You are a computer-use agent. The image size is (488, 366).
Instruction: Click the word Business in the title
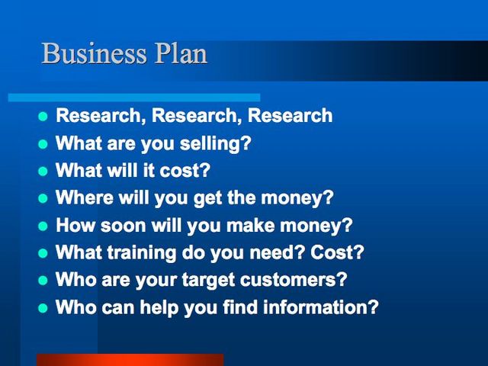pyautogui.click(x=94, y=53)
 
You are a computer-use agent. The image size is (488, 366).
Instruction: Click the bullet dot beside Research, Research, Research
pyautogui.click(x=43, y=117)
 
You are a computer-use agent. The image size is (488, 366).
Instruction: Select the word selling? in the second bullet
pyautogui.click(x=215, y=144)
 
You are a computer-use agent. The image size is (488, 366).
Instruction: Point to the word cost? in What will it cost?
pyautogui.click(x=185, y=171)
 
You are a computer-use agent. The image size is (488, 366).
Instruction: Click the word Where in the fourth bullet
pyautogui.click(x=85, y=197)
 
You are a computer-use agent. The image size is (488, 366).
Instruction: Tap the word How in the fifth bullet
pyautogui.click(x=75, y=225)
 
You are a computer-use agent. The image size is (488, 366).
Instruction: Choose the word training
pyautogui.click(x=142, y=252)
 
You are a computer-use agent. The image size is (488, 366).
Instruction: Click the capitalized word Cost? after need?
pyautogui.click(x=337, y=252)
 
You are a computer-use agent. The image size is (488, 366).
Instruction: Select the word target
pyautogui.click(x=208, y=280)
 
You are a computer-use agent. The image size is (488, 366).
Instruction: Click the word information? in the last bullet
pyautogui.click(x=321, y=307)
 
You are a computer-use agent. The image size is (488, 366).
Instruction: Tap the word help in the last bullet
pyautogui.click(x=159, y=307)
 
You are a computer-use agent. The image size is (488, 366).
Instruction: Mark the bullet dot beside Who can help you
pyautogui.click(x=43, y=308)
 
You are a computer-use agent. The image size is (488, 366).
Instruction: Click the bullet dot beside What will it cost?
pyautogui.click(x=43, y=171)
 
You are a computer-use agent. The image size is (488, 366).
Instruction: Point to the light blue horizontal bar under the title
pyautogui.click(x=134, y=98)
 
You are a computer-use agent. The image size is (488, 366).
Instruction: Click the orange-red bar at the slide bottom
pyautogui.click(x=130, y=360)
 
